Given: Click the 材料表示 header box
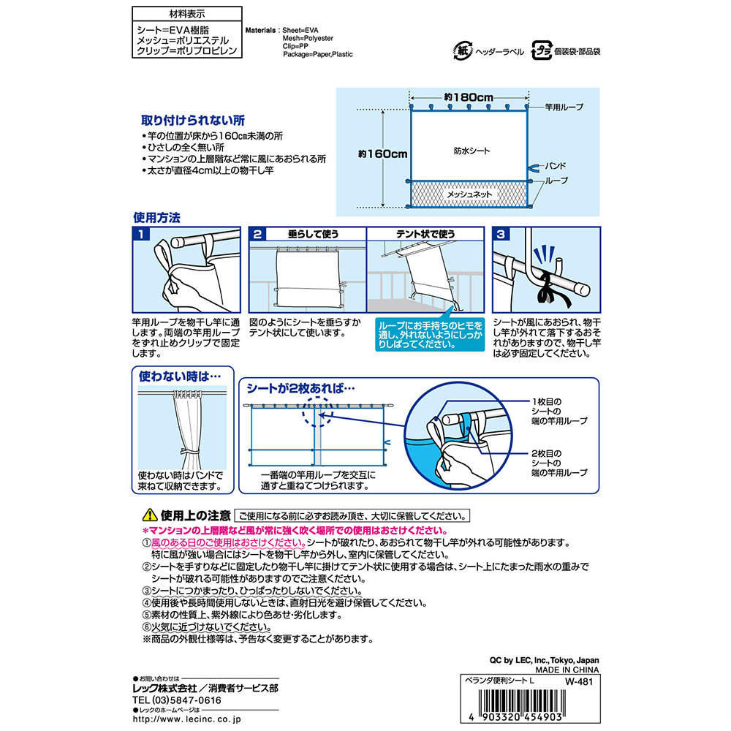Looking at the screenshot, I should [x=186, y=13].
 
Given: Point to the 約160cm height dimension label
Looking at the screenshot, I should [x=382, y=154].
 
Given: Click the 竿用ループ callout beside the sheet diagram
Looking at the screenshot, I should [x=564, y=107].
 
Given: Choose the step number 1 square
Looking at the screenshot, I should [x=141, y=235].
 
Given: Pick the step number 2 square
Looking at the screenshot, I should [x=257, y=235].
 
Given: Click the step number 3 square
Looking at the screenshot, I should [x=501, y=235].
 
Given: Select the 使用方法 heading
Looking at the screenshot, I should [x=156, y=217].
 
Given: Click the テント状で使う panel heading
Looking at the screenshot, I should [x=424, y=234].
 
